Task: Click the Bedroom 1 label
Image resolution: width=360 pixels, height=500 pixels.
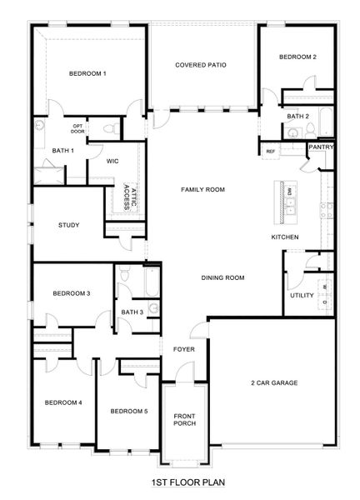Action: (87, 74)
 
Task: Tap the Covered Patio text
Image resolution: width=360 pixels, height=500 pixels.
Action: (201, 65)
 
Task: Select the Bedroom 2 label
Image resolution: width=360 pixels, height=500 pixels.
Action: (297, 57)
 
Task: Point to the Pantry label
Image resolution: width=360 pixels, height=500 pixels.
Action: (321, 147)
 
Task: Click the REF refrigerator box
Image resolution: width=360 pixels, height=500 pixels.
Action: (270, 152)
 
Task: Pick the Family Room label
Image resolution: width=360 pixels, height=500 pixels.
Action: (203, 190)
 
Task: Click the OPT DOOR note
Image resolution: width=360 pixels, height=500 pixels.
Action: (77, 128)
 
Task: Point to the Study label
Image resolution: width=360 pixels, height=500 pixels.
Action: (69, 225)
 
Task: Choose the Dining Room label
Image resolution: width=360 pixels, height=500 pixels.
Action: (222, 277)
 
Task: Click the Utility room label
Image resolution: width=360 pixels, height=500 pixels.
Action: (301, 296)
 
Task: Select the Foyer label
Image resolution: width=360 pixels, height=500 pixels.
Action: (183, 349)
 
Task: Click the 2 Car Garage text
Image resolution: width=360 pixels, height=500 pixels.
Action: (274, 382)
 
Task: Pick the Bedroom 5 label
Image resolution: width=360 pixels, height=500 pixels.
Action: (128, 411)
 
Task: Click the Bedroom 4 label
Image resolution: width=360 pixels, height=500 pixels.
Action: (62, 402)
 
